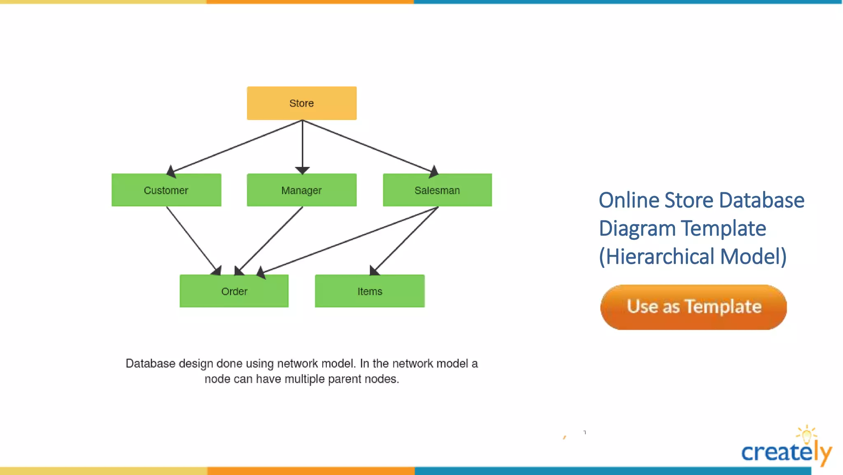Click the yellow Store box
coord(301,103)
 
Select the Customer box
coord(166,190)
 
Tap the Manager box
coord(301,190)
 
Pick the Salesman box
coord(437,190)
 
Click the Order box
coord(234,291)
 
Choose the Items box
coord(370,291)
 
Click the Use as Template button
coord(694,307)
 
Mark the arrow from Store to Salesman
coord(368,146)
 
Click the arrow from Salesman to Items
coord(405,240)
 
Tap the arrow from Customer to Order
coord(191,239)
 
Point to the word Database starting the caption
coord(150,363)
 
